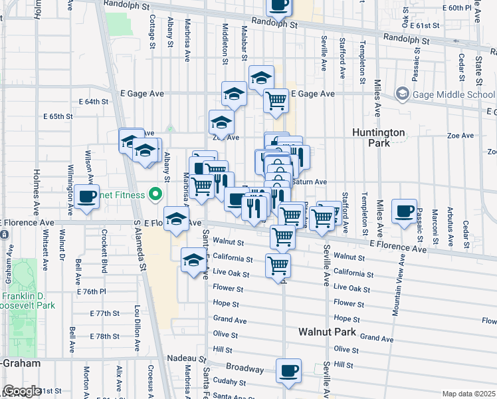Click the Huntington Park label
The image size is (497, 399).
coord(378,138)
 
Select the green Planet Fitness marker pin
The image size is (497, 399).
coord(156,195)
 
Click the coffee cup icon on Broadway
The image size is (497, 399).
coord(288,370)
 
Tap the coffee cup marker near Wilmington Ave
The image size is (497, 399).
coord(86,196)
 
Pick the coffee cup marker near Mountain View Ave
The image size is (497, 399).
coord(404,211)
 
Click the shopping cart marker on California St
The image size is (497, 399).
coord(278,265)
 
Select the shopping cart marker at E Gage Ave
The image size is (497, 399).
coord(276,100)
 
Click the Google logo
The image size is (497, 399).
coord(21,392)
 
